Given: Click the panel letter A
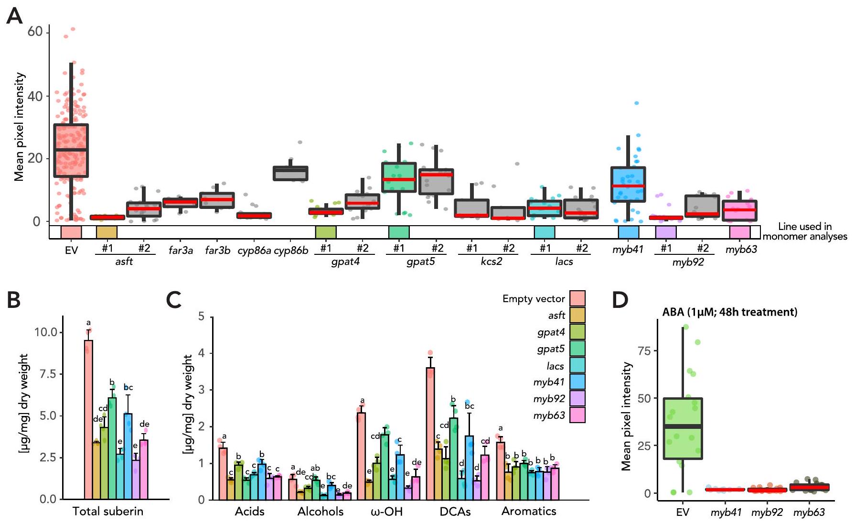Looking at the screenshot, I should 14,16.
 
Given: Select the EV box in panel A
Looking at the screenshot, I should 71,151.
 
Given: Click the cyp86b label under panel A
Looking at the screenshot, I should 291,250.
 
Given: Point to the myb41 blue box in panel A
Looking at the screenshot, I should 628,185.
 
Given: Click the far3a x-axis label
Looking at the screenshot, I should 181,250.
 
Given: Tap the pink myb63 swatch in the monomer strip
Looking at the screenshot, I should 739,232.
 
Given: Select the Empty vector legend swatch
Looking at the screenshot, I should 577,298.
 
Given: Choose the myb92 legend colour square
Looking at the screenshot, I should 577,398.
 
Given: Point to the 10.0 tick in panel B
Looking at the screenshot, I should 45,332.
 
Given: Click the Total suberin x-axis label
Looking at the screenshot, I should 108,511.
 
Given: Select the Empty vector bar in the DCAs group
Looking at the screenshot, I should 430,433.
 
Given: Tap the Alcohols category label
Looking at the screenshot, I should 320,511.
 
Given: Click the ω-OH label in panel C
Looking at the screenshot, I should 387,511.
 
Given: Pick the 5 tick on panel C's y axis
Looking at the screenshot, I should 201,317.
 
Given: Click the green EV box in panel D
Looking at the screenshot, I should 683,428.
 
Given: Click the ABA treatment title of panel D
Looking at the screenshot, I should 729,312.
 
